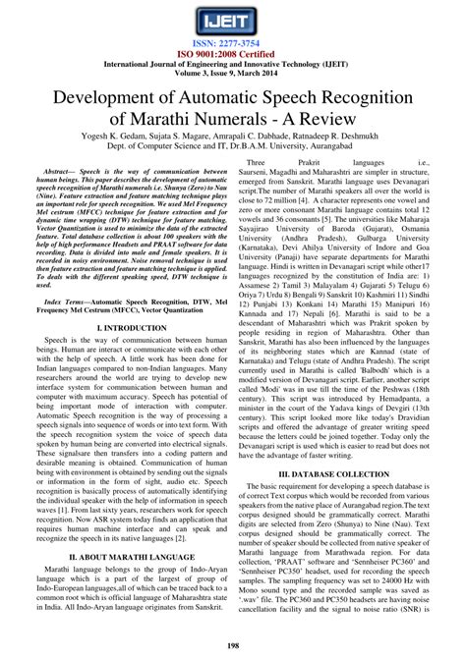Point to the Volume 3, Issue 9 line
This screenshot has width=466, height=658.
click(x=232, y=76)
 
